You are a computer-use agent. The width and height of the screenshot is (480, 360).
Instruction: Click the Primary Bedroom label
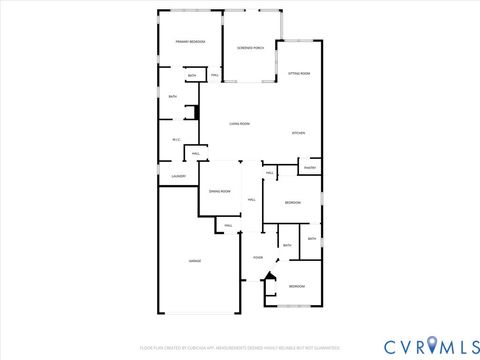click(191, 42)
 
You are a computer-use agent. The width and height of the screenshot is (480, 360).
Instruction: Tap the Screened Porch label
click(250, 48)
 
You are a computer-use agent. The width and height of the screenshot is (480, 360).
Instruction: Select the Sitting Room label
click(299, 74)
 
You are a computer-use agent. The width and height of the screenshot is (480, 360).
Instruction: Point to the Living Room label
click(239, 124)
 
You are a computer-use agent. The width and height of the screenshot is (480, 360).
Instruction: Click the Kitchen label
click(298, 133)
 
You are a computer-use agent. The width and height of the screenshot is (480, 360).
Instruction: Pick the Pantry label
click(309, 168)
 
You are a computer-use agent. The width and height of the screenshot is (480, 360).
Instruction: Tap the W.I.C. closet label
click(176, 139)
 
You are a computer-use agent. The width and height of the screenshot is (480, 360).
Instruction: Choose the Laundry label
click(178, 177)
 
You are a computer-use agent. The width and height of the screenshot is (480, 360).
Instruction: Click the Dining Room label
click(220, 191)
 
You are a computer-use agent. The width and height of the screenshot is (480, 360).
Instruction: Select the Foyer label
click(258, 258)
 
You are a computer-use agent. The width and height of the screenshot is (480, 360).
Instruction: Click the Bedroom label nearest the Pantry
click(292, 203)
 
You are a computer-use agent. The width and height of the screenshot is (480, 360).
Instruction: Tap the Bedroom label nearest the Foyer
click(297, 287)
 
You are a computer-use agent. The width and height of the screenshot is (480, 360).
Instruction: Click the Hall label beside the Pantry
click(270, 173)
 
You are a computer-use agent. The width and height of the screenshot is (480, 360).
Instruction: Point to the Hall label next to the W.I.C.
click(196, 153)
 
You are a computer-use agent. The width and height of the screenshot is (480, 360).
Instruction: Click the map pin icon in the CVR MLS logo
click(431, 345)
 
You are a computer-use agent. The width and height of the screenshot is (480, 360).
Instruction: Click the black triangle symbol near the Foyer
click(268, 281)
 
